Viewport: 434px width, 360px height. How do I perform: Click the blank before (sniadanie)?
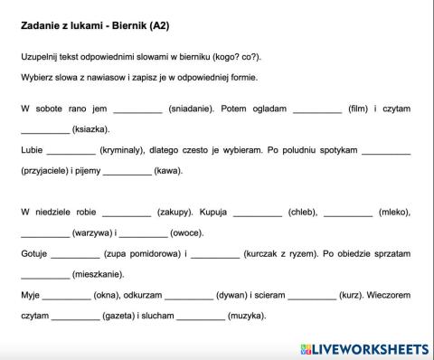pos(137,110)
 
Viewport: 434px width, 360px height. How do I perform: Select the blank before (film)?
pos(317,110)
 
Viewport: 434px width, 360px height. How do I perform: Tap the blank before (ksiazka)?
pos(45,130)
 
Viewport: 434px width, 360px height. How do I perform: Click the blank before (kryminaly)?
pos(71,151)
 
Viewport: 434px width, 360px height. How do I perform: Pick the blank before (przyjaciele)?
pos(386,151)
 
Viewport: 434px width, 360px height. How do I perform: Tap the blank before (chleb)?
pos(258,213)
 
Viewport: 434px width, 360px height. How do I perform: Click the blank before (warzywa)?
pos(45,233)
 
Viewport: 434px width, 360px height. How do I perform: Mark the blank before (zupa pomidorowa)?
pos(76,254)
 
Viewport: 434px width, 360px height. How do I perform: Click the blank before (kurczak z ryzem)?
pos(215,254)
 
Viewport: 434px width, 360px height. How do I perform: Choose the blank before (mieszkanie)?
pos(45,275)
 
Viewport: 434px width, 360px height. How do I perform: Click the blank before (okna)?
pos(67,295)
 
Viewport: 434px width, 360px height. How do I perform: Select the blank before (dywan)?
pos(189,295)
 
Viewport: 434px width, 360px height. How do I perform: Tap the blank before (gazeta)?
pos(76,316)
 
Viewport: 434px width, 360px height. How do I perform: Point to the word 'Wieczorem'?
pos(389,295)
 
